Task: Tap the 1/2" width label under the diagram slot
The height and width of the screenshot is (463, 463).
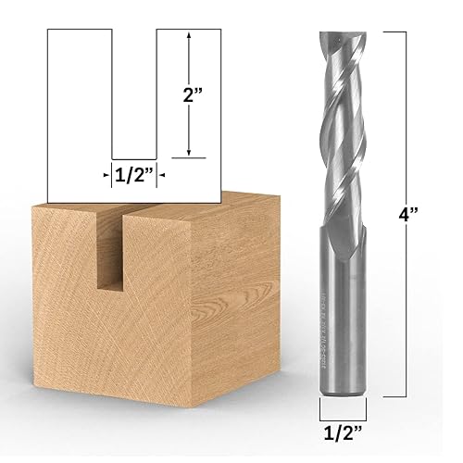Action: [134, 172]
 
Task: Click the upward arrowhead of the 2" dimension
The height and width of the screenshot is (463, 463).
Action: [189, 37]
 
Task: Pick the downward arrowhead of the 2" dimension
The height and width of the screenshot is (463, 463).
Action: [189, 153]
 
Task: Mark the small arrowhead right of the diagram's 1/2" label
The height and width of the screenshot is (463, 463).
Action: [160, 172]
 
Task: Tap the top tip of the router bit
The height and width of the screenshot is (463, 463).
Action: [339, 34]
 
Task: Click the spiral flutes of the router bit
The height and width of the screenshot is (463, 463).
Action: [339, 130]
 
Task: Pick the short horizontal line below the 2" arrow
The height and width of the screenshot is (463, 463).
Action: [189, 159]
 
